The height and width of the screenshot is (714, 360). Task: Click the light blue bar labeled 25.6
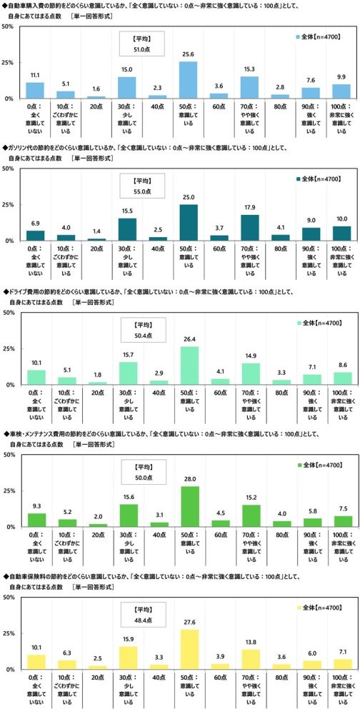click(189, 80)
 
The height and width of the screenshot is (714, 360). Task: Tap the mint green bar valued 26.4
click(189, 366)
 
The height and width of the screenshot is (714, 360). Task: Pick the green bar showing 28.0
click(189, 507)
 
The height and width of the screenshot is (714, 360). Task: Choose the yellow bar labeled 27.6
click(189, 650)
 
